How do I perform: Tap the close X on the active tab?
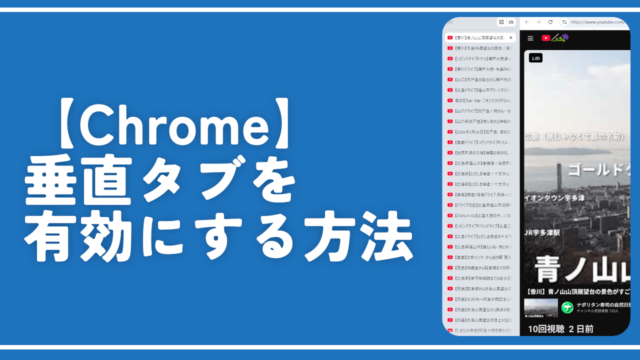pyautogui.click(x=510, y=37)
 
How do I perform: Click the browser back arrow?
pyautogui.click(x=527, y=22)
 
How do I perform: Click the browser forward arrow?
pyautogui.click(x=538, y=22)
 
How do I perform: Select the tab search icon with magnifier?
pyautogui.click(x=511, y=22)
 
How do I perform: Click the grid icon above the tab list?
pyautogui.click(x=501, y=22)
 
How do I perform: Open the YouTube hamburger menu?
pyautogui.click(x=530, y=38)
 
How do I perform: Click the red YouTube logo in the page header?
pyautogui.click(x=546, y=38)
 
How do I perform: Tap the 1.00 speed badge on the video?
pyautogui.click(x=535, y=58)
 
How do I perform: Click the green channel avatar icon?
pyautogui.click(x=567, y=307)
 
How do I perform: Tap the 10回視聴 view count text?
pyautogui.click(x=545, y=328)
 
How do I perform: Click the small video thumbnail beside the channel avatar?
pyautogui.click(x=540, y=307)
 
